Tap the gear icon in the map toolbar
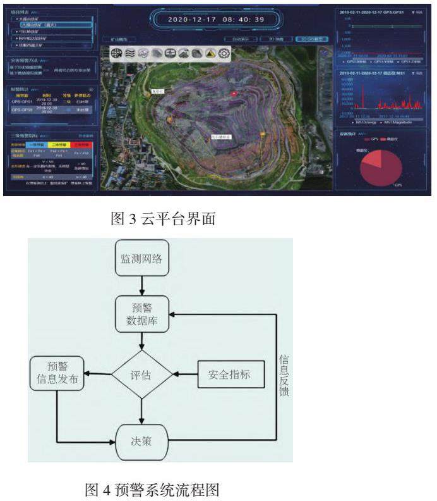224,53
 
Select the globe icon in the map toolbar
117,53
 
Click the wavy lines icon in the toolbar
130,53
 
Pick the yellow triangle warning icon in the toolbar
210,53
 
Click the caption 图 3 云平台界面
163,219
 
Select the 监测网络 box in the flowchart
141,258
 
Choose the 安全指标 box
229,374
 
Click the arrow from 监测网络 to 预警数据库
141,286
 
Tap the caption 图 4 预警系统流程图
152,488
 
